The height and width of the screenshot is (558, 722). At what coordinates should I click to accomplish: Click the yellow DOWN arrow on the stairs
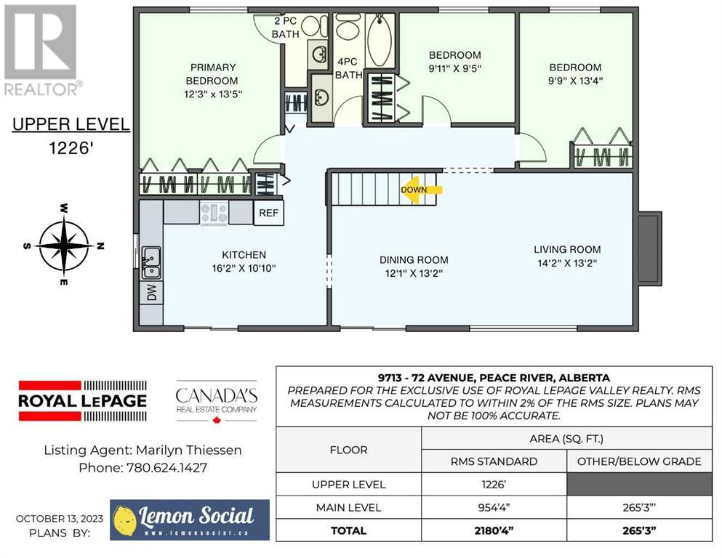click(x=421, y=190)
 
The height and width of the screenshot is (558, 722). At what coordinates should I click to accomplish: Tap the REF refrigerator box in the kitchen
click(x=268, y=213)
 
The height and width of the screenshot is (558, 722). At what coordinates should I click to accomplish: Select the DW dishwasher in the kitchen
click(x=151, y=292)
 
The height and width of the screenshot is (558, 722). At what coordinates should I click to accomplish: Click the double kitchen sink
click(x=151, y=263)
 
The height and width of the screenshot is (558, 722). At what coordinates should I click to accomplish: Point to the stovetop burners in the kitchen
click(x=214, y=214)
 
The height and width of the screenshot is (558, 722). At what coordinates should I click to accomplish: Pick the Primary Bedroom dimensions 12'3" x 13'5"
click(x=213, y=94)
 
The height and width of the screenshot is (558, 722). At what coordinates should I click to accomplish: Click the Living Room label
click(x=567, y=249)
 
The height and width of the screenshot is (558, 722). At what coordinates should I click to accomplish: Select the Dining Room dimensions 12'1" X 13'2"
click(x=414, y=273)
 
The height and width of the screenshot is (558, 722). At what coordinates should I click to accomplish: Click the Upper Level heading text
click(x=71, y=124)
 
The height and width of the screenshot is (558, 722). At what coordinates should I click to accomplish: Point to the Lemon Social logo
click(x=190, y=519)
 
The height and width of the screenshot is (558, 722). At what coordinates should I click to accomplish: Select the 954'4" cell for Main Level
click(x=494, y=507)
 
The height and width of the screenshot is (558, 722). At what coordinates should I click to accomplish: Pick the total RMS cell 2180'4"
click(x=494, y=530)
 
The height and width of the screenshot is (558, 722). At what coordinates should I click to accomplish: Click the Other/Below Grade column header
click(x=639, y=461)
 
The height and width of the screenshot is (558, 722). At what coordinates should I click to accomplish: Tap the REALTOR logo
click(x=42, y=50)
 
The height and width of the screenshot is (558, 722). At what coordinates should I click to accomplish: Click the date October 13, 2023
click(x=60, y=519)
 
